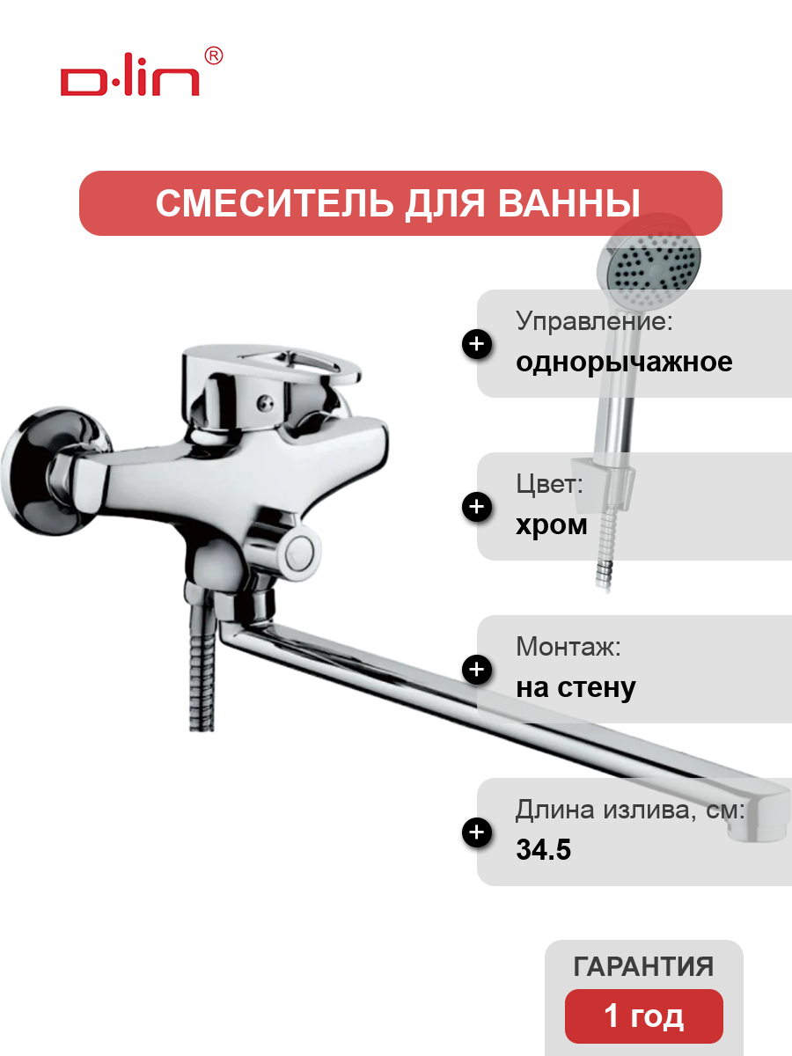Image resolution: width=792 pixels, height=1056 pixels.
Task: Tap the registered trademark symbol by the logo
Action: coord(214,55)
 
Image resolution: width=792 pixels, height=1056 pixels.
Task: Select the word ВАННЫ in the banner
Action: coord(568,203)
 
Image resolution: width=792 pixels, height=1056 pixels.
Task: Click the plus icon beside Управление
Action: coord(477,344)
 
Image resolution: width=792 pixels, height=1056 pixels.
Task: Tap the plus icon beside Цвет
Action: coord(477,507)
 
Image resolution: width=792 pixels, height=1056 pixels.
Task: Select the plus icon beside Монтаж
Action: coord(477,670)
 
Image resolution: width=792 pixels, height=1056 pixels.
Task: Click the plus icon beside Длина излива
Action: coord(477,832)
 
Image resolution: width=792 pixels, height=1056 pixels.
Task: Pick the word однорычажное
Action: coord(624,363)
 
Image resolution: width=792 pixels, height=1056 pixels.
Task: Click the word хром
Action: coord(552,525)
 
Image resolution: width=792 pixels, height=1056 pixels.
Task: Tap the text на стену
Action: coord(576,688)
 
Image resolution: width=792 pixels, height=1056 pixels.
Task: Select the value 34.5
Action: coord(543,849)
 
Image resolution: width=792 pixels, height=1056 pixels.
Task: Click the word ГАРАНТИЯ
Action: coord(643,967)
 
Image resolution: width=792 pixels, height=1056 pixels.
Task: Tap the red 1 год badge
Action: coord(644,1016)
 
